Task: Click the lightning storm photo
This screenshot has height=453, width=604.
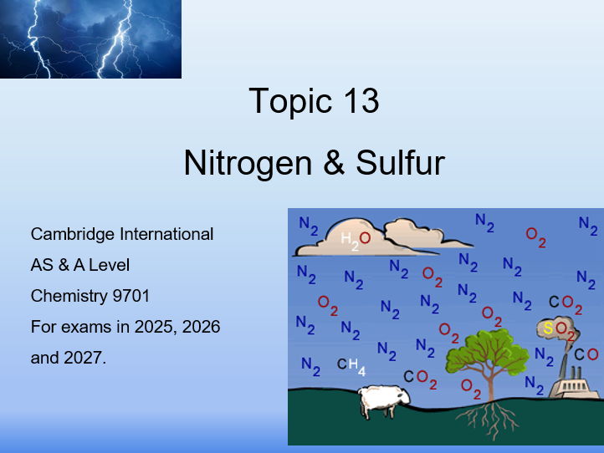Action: point(90,38)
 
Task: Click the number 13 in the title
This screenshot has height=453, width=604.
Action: point(357,101)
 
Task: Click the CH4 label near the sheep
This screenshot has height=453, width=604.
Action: point(351,365)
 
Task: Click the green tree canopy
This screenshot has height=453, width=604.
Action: point(489,352)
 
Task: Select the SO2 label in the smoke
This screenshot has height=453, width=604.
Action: point(559,329)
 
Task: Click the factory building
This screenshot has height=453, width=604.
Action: point(574,388)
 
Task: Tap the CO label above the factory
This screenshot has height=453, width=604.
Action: point(586,354)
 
